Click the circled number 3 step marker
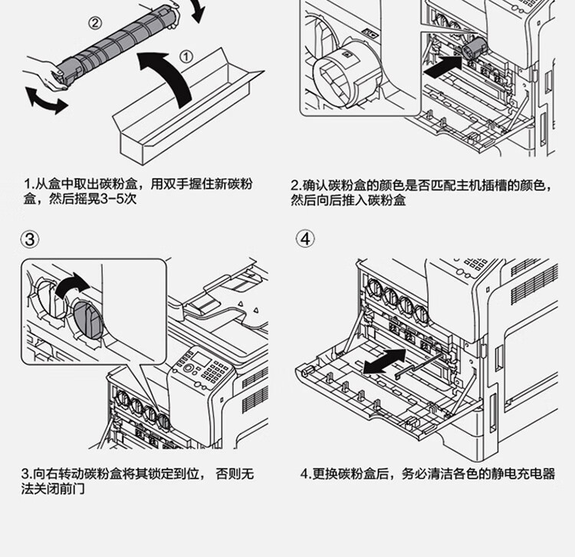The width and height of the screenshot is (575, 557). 30,239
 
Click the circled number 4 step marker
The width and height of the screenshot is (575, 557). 305,239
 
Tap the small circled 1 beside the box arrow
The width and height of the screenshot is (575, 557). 186,57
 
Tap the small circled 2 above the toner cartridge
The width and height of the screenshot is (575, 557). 94,23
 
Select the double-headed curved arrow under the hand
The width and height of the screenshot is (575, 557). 46,100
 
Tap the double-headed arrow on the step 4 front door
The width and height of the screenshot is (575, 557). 384,361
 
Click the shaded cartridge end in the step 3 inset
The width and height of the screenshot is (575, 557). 88,319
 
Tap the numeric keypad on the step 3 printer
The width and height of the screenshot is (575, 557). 213,371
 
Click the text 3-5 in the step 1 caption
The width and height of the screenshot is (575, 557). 111,199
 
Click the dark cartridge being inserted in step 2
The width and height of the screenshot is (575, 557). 475,48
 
